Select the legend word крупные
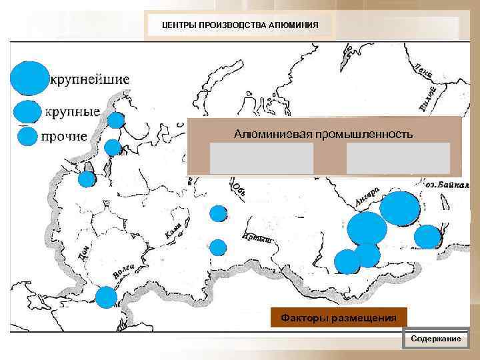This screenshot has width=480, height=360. click(x=72, y=111)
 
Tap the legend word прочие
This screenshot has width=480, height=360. click(x=64, y=137)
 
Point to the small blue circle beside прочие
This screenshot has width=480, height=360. click(x=27, y=137)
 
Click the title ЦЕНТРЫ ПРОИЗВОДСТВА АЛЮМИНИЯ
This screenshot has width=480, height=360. click(x=241, y=26)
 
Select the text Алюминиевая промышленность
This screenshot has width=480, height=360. click(x=323, y=134)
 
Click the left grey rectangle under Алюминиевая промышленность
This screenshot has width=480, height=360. click(x=261, y=158)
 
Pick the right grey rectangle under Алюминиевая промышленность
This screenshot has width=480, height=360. click(x=398, y=158)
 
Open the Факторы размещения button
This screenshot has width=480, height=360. click(x=338, y=317)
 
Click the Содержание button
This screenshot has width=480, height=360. click(x=436, y=339)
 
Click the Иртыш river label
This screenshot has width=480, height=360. click(x=257, y=238)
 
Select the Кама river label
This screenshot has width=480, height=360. click(x=173, y=229)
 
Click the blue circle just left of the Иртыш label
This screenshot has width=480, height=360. click(x=219, y=247)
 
